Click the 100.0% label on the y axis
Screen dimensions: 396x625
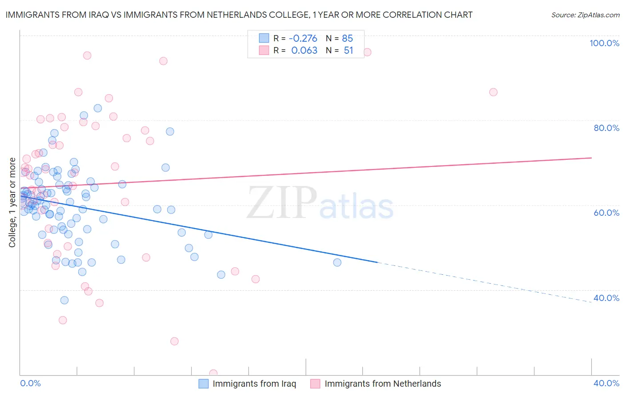pos(604,43)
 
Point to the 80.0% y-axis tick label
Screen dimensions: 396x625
pos(606,128)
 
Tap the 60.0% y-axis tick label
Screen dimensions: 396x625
pos(606,213)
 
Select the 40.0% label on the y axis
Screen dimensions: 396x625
pos(606,298)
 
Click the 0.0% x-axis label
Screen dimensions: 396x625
pos(30,383)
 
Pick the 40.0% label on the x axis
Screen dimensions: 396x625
pos(606,383)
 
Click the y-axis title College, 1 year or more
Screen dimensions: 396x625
pos(12,202)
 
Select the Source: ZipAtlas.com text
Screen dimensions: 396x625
pos(585,15)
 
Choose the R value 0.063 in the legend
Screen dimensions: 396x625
pos(304,51)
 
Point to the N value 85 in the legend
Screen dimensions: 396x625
pos(347,39)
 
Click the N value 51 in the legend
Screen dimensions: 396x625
pos(348,51)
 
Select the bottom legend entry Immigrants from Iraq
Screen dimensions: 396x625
pos(254,384)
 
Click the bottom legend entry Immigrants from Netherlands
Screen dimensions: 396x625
pos(382,384)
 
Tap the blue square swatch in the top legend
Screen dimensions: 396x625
pos(264,38)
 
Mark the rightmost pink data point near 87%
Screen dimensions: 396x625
pos(493,92)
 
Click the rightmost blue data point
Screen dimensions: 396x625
pos(337,262)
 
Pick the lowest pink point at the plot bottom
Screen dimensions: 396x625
pos(213,373)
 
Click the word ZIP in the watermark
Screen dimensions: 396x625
pos(282,203)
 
